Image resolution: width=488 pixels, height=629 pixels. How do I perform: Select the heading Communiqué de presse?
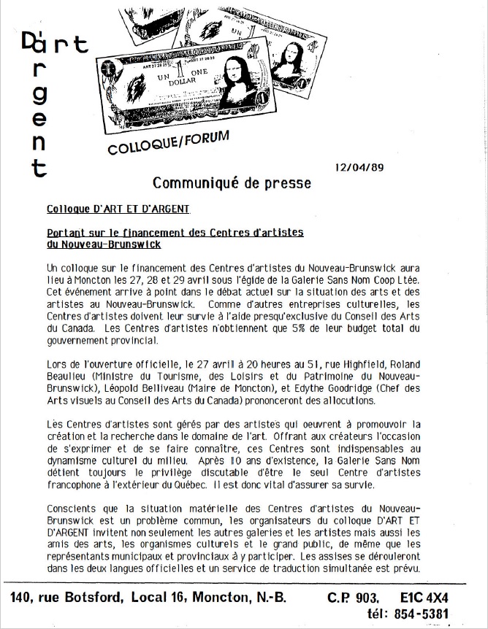pyautogui.click(x=231, y=182)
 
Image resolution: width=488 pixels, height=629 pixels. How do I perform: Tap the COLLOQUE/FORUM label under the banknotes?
pyautogui.click(x=168, y=143)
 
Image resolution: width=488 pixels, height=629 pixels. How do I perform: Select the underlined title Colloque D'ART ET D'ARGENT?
pyautogui.click(x=118, y=209)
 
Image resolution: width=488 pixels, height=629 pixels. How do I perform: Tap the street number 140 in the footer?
pyautogui.click(x=25, y=598)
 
